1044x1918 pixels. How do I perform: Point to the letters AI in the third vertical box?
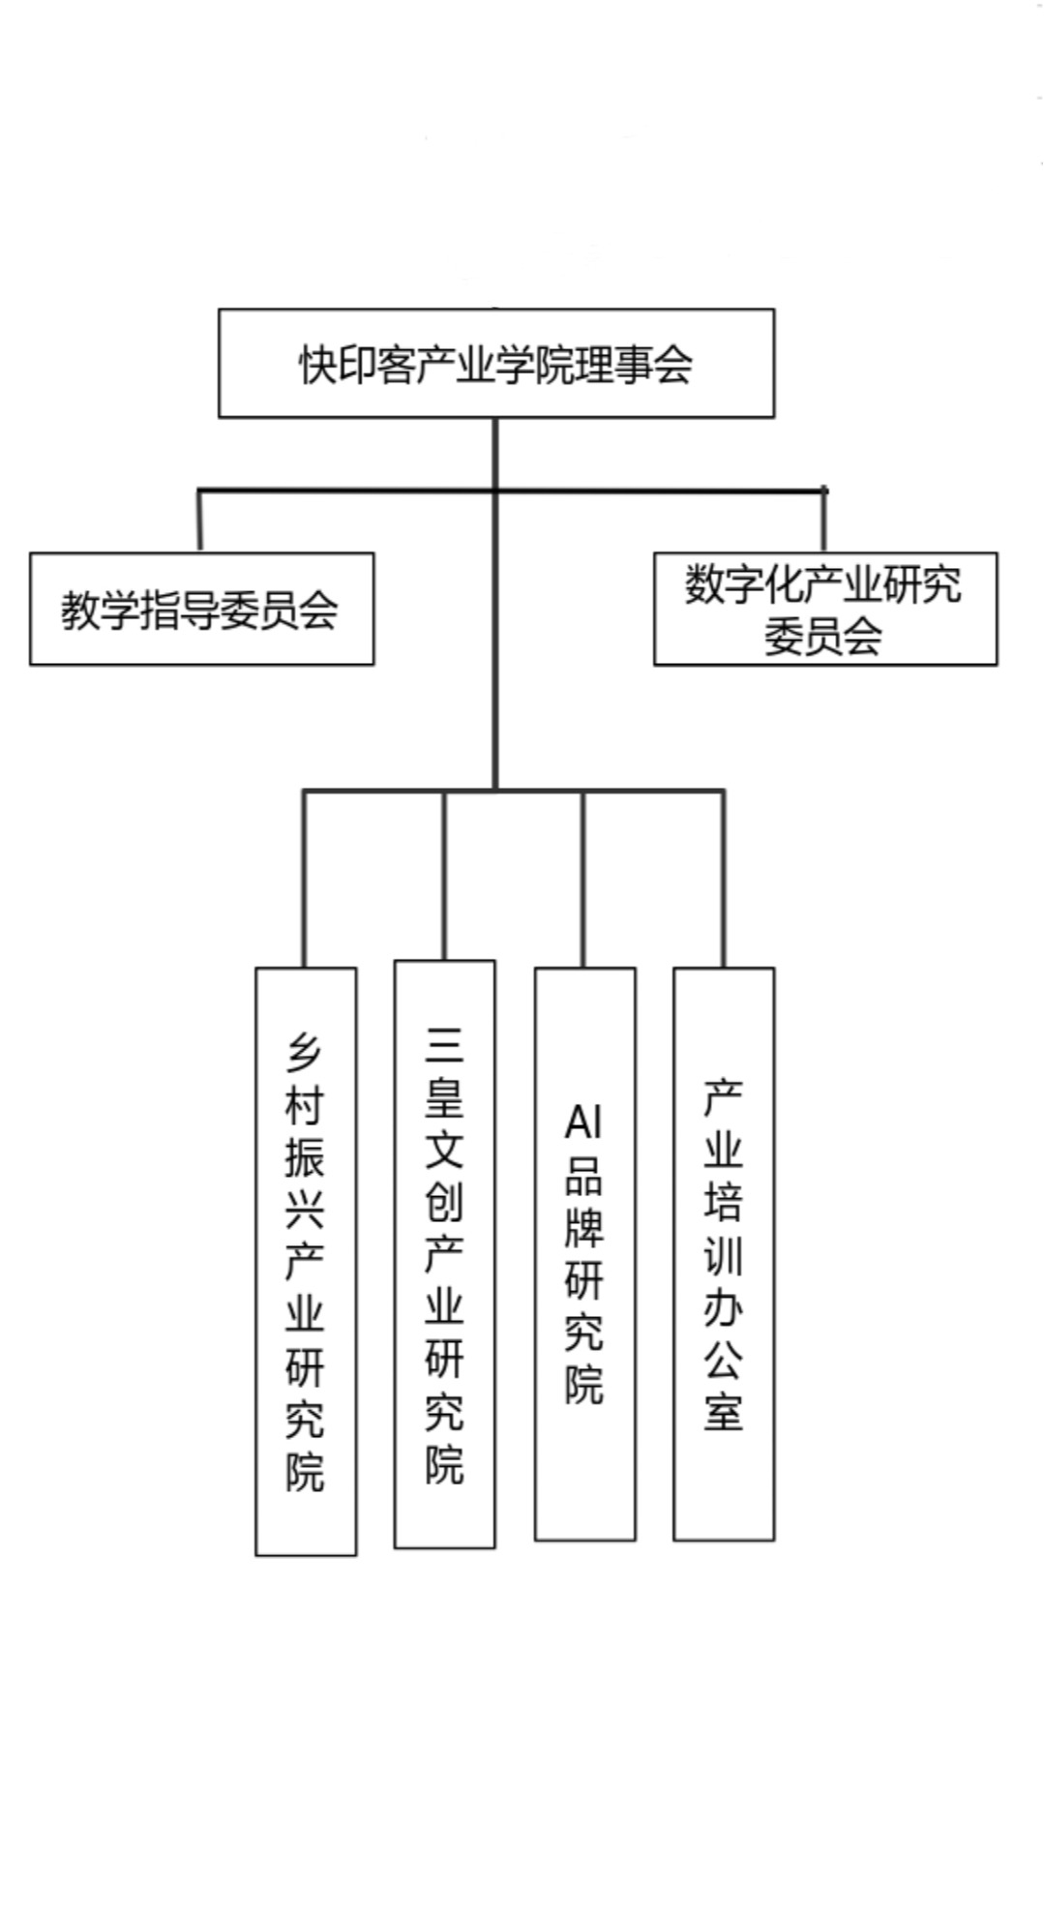click(x=583, y=1123)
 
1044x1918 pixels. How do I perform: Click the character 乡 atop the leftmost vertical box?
click(x=304, y=1052)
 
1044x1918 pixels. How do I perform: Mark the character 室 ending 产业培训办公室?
click(x=723, y=1411)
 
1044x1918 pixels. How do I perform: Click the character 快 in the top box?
click(x=318, y=365)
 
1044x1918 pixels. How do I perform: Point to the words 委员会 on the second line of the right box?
click(x=823, y=636)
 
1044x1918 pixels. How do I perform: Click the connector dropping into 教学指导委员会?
click(x=199, y=522)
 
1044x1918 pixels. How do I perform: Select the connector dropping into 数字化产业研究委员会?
click(x=823, y=521)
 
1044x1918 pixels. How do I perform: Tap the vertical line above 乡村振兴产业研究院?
click(x=304, y=879)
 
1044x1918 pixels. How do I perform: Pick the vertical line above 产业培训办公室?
click(x=723, y=879)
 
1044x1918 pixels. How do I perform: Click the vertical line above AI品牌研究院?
click(x=582, y=879)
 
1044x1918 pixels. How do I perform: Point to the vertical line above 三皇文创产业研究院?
click(x=444, y=876)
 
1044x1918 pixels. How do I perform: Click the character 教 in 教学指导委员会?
click(x=81, y=610)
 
